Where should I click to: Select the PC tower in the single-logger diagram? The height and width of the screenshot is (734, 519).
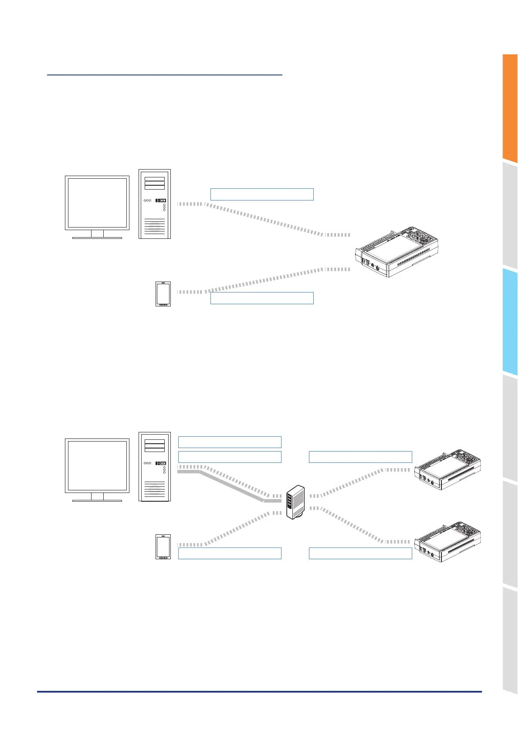point(155,204)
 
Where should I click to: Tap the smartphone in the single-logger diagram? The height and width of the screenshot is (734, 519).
point(163,294)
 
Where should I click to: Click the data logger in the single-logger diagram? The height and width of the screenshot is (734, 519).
point(397,252)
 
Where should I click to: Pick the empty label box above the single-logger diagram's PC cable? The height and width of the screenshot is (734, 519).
point(262,194)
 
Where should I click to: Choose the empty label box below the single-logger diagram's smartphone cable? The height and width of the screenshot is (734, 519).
point(262,298)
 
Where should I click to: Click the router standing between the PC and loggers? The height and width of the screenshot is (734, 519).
point(295,502)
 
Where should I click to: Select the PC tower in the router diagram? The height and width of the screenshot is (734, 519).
point(155,466)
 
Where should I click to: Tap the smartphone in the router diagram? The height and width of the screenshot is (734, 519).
point(163,547)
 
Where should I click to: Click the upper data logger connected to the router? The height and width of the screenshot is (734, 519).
point(448,469)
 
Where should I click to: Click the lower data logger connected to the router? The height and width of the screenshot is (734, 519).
point(448,541)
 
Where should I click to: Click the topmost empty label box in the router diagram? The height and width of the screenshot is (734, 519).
point(230,442)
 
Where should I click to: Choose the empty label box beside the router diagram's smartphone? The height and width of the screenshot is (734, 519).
point(230,554)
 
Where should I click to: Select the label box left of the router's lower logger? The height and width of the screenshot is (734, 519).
point(360,554)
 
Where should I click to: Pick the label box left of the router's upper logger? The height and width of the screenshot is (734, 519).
point(360,457)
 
